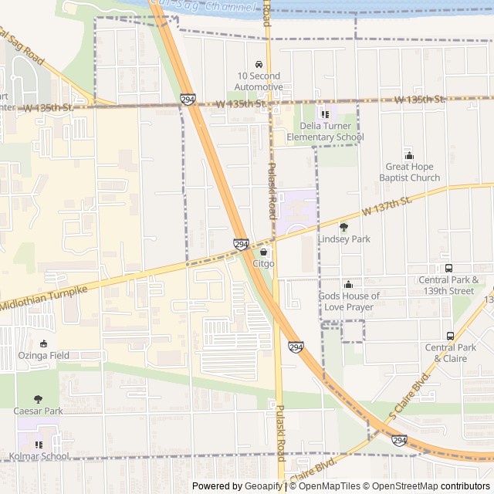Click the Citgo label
pos(263,264)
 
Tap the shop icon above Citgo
pos(263,252)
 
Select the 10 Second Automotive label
pos(259,81)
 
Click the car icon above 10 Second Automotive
pos(259,65)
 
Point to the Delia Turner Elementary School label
pos(325,131)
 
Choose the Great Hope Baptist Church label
pos(410,172)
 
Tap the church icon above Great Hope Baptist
pos(410,155)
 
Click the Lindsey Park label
pos(344,239)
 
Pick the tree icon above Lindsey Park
pos(344,227)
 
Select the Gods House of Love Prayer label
pos(349,302)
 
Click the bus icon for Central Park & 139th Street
pos(449,268)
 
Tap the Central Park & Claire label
pos(451,353)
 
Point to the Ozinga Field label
pos(44,356)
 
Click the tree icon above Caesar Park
pos(39,399)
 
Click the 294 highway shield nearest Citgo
pos(241,244)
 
